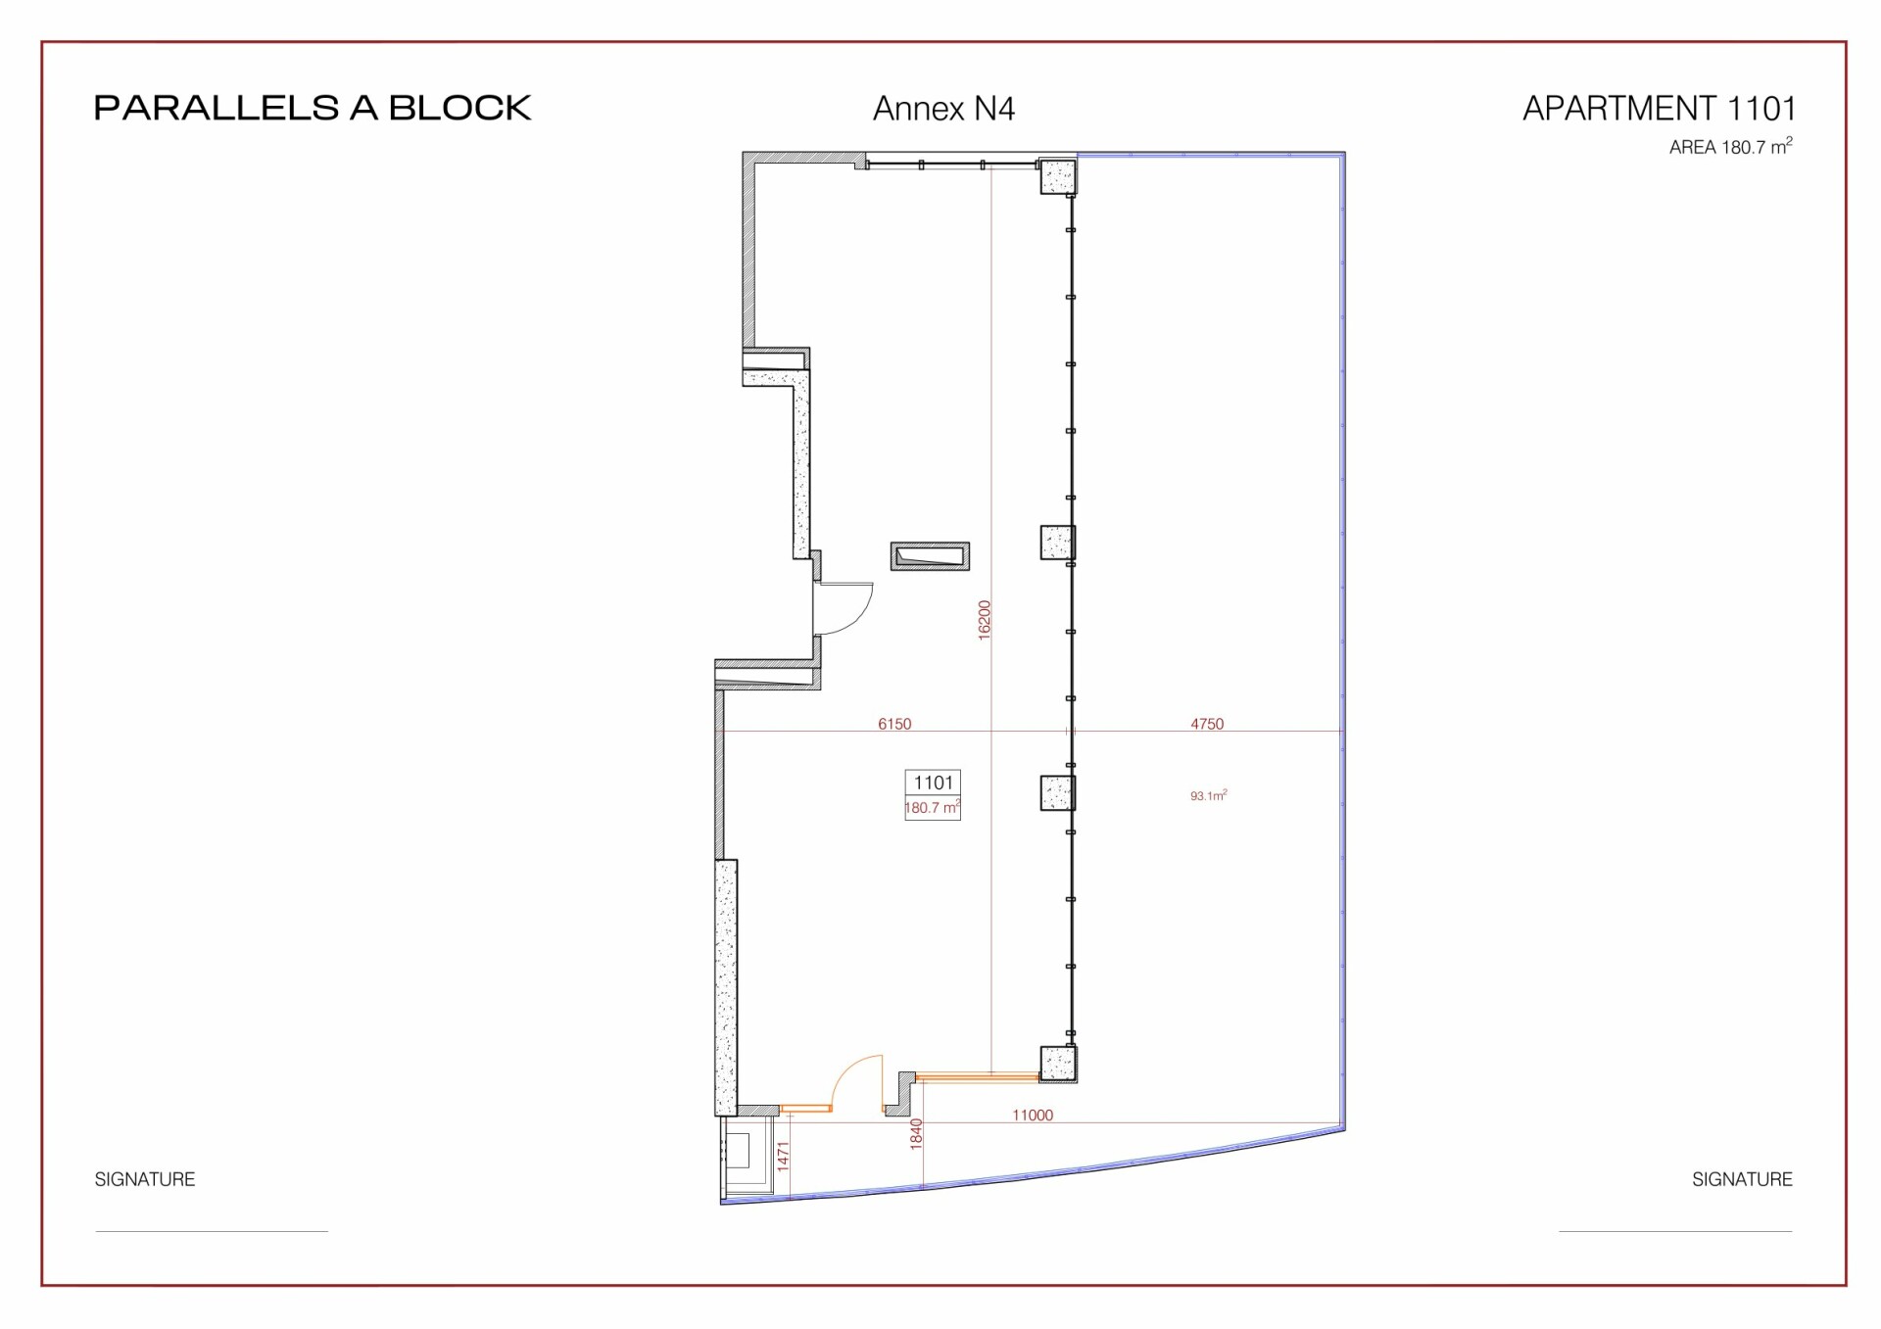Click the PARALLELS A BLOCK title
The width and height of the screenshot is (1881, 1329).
pyautogui.click(x=313, y=108)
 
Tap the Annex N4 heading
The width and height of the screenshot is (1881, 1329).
pyautogui.click(x=943, y=109)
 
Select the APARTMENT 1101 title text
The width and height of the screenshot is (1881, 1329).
pyautogui.click(x=1659, y=108)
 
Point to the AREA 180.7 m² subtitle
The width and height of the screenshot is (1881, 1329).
pyautogui.click(x=1731, y=147)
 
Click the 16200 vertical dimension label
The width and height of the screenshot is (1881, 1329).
pyautogui.click(x=985, y=620)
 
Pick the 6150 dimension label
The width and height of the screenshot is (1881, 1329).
pyautogui.click(x=894, y=724)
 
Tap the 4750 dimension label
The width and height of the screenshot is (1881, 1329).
pyautogui.click(x=1207, y=724)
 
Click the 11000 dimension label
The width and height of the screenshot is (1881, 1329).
pyautogui.click(x=1033, y=1115)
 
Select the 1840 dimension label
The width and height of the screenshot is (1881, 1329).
pyautogui.click(x=916, y=1133)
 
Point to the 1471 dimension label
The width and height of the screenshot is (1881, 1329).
pyautogui.click(x=783, y=1156)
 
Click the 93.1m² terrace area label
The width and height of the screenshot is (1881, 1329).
pyautogui.click(x=1209, y=795)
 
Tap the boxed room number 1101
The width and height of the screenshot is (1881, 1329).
pyautogui.click(x=933, y=783)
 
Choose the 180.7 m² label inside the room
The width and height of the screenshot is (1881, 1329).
pyautogui.click(x=932, y=808)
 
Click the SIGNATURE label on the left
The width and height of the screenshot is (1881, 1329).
pyautogui.click(x=145, y=1179)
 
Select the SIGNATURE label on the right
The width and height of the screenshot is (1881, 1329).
pyautogui.click(x=1742, y=1179)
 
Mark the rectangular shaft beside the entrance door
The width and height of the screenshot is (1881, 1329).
pyautogui.click(x=930, y=556)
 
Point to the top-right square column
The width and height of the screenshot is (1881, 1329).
pyautogui.click(x=1058, y=176)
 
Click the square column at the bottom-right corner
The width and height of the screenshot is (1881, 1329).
pyautogui.click(x=1058, y=1064)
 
